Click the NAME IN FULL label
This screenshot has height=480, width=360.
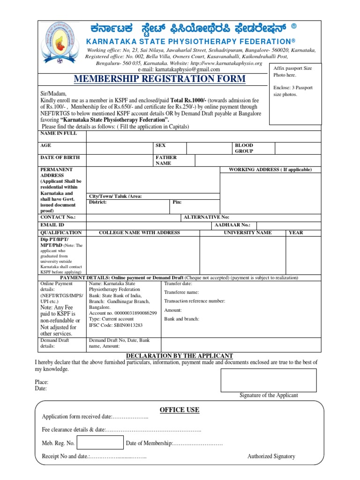[58, 134]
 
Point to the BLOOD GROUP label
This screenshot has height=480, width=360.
[244, 149]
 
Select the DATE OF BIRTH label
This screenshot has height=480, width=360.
[60, 158]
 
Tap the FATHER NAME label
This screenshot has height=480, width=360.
[166, 161]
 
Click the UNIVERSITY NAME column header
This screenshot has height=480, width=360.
[247, 233]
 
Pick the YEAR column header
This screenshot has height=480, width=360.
[296, 233]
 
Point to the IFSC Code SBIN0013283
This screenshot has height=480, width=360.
[115, 325]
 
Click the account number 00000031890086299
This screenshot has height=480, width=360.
[123, 313]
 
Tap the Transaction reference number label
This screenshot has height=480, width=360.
[195, 301]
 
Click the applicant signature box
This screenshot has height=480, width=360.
[269, 380]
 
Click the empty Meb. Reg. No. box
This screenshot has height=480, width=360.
[100, 442]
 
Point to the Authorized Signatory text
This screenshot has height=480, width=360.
[271, 456]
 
